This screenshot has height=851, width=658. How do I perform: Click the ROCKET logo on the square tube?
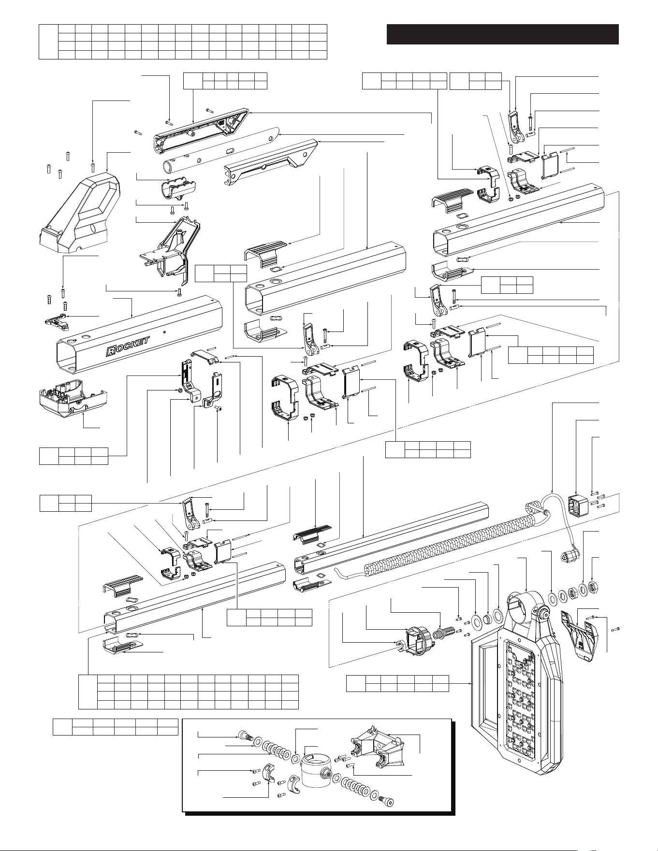127,346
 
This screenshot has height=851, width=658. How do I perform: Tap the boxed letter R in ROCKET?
110,351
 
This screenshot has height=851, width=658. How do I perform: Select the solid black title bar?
503,34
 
